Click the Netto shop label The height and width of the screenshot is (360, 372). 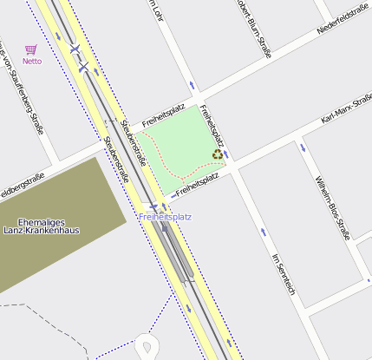click(31, 62)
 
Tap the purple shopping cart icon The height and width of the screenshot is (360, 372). click(31, 50)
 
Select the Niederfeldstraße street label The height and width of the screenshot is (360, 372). click(343, 18)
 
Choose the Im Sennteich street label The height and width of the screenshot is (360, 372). click(284, 275)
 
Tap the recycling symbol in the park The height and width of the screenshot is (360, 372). click(217, 154)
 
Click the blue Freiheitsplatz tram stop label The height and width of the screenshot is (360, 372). click(165, 216)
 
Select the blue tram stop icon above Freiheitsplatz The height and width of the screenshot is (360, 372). click(153, 206)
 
